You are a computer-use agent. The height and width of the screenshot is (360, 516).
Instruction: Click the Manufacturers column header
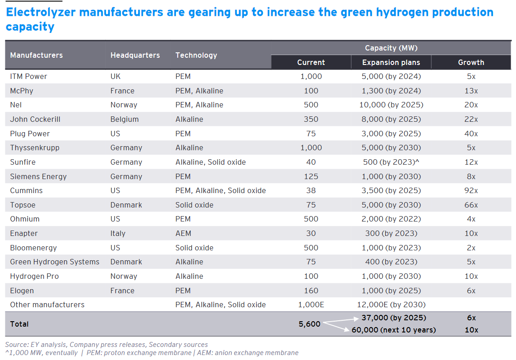click(37, 55)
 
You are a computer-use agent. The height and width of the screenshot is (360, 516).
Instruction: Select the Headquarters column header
click(135, 55)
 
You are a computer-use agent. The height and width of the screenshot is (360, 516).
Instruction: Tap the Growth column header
click(471, 62)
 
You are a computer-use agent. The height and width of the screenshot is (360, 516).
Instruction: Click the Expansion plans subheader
click(391, 62)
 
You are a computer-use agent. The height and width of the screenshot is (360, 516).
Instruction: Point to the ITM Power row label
click(28, 76)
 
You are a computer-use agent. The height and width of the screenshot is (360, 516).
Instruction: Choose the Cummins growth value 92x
click(471, 190)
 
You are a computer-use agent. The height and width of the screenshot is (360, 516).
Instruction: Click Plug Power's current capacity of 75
click(311, 134)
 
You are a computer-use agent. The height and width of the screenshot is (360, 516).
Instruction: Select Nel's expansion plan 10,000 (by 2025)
click(391, 105)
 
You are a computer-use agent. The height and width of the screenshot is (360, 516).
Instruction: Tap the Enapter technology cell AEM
click(183, 233)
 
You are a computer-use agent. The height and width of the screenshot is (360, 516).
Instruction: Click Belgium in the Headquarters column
click(124, 119)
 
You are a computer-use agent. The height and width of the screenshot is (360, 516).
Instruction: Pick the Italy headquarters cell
click(118, 233)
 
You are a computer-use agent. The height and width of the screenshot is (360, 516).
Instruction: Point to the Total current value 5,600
click(309, 323)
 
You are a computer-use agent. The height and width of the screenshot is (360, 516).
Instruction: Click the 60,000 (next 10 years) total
click(394, 330)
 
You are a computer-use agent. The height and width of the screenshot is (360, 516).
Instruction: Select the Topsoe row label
click(23, 205)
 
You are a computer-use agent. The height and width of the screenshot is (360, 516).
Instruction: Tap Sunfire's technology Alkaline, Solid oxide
click(211, 162)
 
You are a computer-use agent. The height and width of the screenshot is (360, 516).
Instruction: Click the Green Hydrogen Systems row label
click(55, 262)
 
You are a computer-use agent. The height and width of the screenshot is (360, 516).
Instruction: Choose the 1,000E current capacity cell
click(311, 305)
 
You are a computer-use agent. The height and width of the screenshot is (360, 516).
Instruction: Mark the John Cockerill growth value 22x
click(471, 119)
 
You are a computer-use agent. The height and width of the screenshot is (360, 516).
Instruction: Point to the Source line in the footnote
click(106, 345)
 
